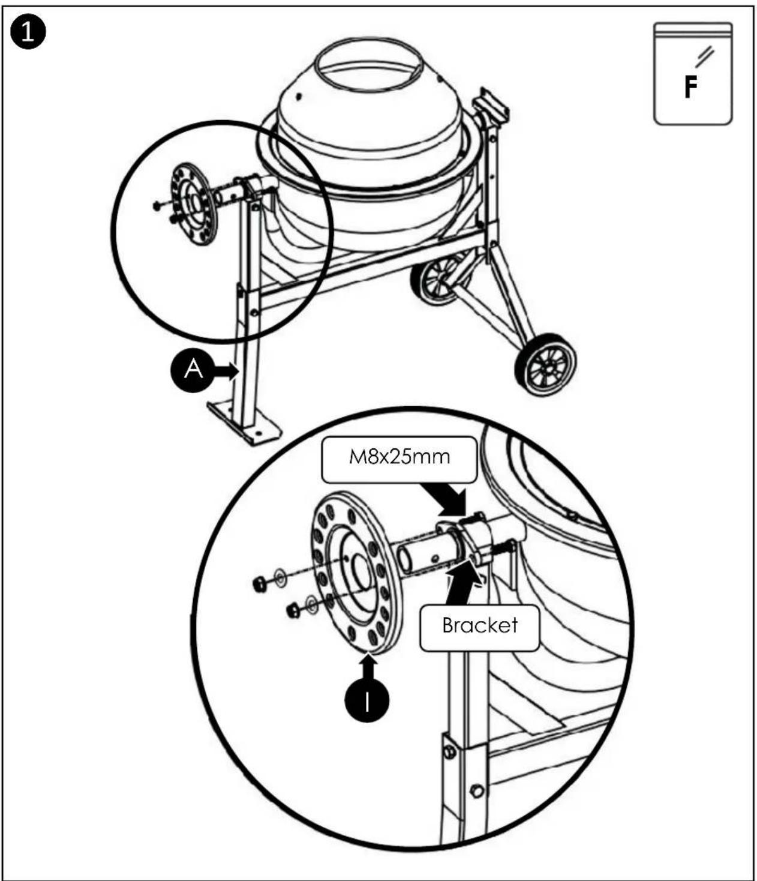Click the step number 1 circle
28,32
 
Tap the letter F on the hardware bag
690,87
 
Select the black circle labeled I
367,700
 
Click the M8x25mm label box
399,460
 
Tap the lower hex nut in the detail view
293,611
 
